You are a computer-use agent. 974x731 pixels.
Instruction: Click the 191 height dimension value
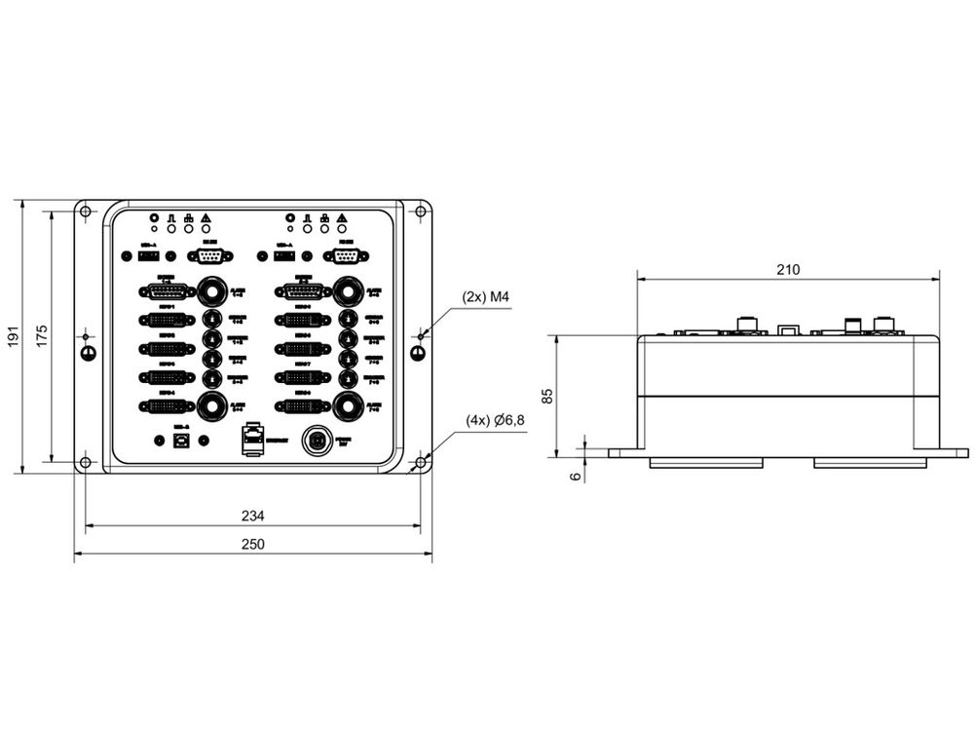(x=14, y=336)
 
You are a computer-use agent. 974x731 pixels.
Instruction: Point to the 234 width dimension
(x=252, y=516)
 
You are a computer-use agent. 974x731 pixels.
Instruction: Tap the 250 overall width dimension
(x=252, y=544)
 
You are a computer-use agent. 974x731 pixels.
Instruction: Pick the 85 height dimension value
(x=547, y=395)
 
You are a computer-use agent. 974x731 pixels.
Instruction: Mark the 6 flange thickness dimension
(x=575, y=476)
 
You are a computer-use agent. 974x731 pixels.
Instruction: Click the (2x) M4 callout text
(x=488, y=295)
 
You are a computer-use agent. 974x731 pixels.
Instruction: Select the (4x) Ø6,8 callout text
(x=496, y=421)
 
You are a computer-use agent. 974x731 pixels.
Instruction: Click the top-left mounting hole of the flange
(x=86, y=212)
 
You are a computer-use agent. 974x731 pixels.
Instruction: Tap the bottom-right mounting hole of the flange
(x=420, y=462)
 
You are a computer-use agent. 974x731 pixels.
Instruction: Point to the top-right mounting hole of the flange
(x=420, y=212)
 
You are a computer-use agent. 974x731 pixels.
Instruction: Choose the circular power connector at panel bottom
(x=315, y=441)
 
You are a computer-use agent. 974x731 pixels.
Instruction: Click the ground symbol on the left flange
(x=87, y=352)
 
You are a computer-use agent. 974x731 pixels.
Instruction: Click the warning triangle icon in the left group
(x=206, y=217)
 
